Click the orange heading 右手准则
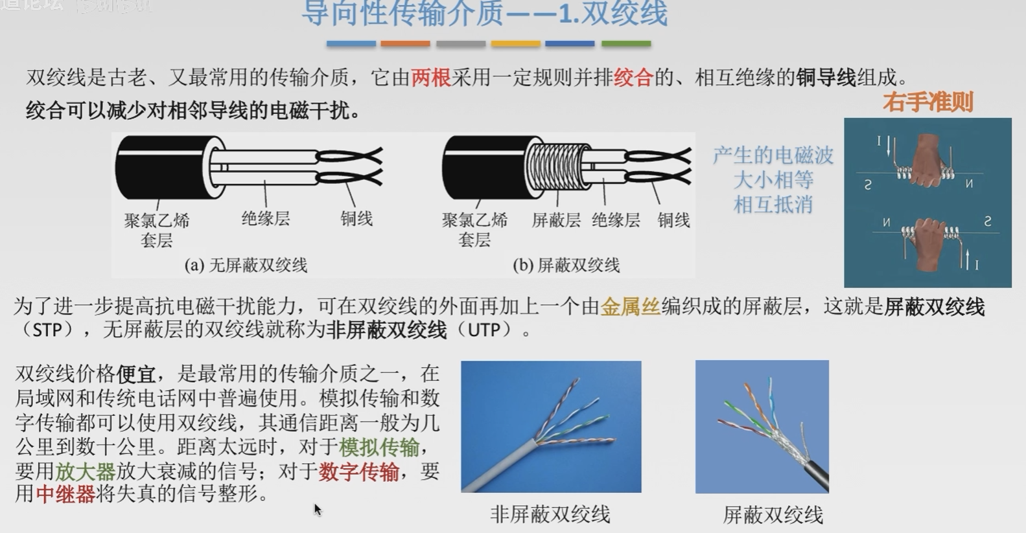click(927, 102)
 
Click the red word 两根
click(430, 78)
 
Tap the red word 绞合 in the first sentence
click(633, 78)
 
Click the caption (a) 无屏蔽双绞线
click(246, 265)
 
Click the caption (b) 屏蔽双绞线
click(566, 265)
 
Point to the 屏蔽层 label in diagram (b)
click(555, 220)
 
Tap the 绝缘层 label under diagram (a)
click(265, 218)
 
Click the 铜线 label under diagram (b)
click(673, 220)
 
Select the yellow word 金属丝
click(630, 306)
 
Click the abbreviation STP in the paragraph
click(47, 330)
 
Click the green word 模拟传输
click(379, 447)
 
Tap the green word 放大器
click(84, 471)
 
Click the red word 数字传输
click(358, 471)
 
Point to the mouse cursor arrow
click(317, 509)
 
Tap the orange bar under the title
click(405, 44)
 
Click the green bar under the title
click(625, 44)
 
